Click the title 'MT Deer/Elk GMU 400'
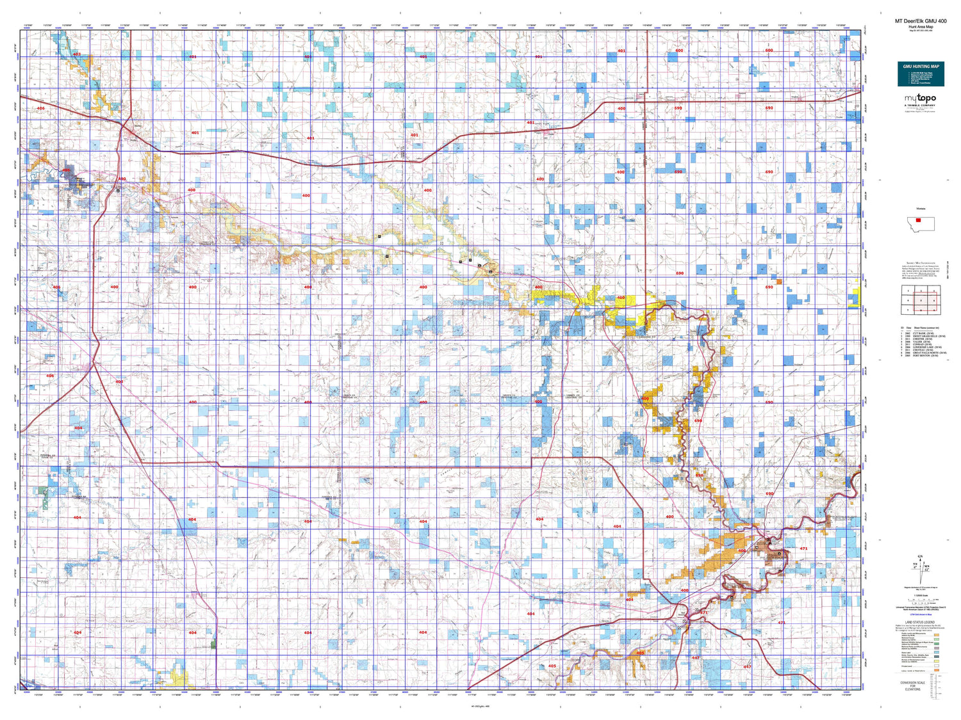point(920,21)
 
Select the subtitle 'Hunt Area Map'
point(920,27)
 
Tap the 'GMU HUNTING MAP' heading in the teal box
point(921,67)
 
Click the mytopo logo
point(920,98)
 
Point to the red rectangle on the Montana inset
point(918,221)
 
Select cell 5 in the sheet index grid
point(921,300)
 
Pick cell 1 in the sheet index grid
point(908,291)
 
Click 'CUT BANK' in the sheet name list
point(919,333)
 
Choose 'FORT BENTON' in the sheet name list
point(921,355)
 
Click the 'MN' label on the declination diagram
point(926,566)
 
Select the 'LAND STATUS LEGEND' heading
point(920,622)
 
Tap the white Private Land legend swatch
point(937,666)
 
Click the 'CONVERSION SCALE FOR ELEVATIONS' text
point(913,686)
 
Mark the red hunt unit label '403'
point(77,54)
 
